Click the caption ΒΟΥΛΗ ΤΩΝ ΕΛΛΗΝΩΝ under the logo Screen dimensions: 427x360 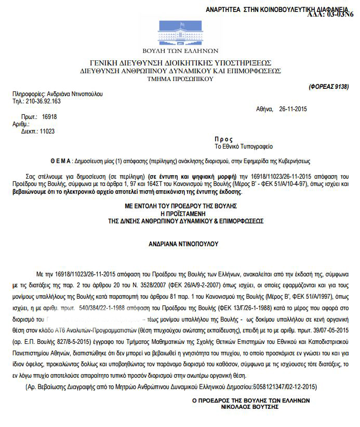point(180,51)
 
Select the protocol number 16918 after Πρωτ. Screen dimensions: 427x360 point(49,117)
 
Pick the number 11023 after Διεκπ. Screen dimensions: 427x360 point(47,131)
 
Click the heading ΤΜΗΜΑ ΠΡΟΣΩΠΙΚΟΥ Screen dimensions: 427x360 point(180,79)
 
